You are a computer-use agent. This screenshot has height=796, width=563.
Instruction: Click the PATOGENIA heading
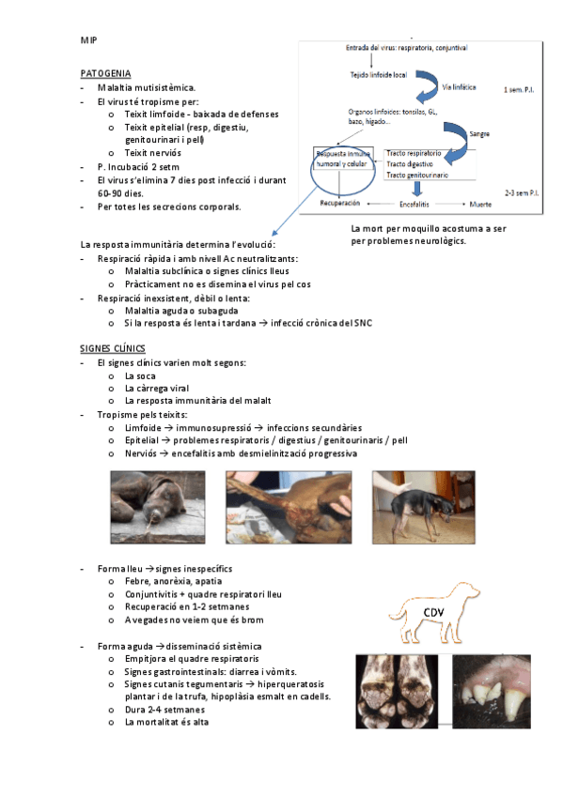pyautogui.click(x=105, y=73)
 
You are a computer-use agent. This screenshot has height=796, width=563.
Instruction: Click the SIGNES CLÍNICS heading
pyautogui.click(x=112, y=348)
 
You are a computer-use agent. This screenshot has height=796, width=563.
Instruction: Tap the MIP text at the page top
pyautogui.click(x=88, y=40)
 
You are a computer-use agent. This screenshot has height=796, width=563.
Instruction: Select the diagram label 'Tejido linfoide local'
pyautogui.click(x=379, y=75)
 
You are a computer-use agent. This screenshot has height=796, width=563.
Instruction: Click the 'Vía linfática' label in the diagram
pyautogui.click(x=459, y=87)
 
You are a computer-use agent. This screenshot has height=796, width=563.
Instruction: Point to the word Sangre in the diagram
pyautogui.click(x=479, y=134)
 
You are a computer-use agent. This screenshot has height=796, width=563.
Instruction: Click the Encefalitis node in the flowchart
pyautogui.click(x=414, y=204)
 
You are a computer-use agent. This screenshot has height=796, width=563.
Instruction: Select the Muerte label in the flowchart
pyautogui.click(x=480, y=204)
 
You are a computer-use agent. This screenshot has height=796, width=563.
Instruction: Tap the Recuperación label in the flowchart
pyautogui.click(x=340, y=203)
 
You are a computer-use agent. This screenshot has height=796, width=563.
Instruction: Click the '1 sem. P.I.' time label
pyautogui.click(x=519, y=90)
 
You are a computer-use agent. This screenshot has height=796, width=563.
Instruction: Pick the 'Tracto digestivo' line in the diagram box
pyautogui.click(x=410, y=164)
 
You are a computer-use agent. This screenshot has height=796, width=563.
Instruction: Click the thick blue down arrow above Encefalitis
pyautogui.click(x=417, y=189)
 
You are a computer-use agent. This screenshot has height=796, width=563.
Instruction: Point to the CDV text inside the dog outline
pyautogui.click(x=433, y=613)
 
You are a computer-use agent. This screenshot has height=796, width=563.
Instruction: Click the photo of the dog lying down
pyautogui.click(x=158, y=507)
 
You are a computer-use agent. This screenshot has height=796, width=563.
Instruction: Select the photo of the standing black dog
pyautogui.click(x=424, y=507)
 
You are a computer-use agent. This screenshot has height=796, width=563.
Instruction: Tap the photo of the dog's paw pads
pyautogui.click(x=397, y=692)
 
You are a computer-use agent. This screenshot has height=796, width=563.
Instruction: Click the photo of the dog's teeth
pyautogui.click(x=492, y=692)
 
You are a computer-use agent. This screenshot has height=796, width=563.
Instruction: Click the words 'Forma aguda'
pyautogui.click(x=125, y=646)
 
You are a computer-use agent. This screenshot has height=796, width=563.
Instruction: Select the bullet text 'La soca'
pyautogui.click(x=140, y=376)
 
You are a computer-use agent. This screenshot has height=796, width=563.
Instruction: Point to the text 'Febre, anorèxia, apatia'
pyautogui.click(x=173, y=581)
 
